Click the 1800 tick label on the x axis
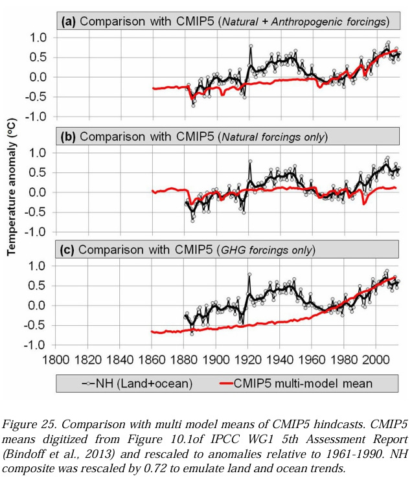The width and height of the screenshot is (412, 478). (55, 359)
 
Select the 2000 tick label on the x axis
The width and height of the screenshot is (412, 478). (376, 359)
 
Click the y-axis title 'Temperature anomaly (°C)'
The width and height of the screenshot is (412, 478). (12, 187)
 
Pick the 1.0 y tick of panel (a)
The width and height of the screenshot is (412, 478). (38, 38)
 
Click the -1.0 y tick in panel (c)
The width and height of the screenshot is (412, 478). (34, 345)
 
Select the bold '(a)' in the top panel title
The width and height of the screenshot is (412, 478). (69, 21)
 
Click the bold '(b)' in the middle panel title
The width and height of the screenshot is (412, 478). (68, 137)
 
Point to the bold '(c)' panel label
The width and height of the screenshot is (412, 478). (67, 250)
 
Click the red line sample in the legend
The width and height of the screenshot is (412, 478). (226, 383)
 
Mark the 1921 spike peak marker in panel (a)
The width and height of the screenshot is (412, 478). (251, 46)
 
